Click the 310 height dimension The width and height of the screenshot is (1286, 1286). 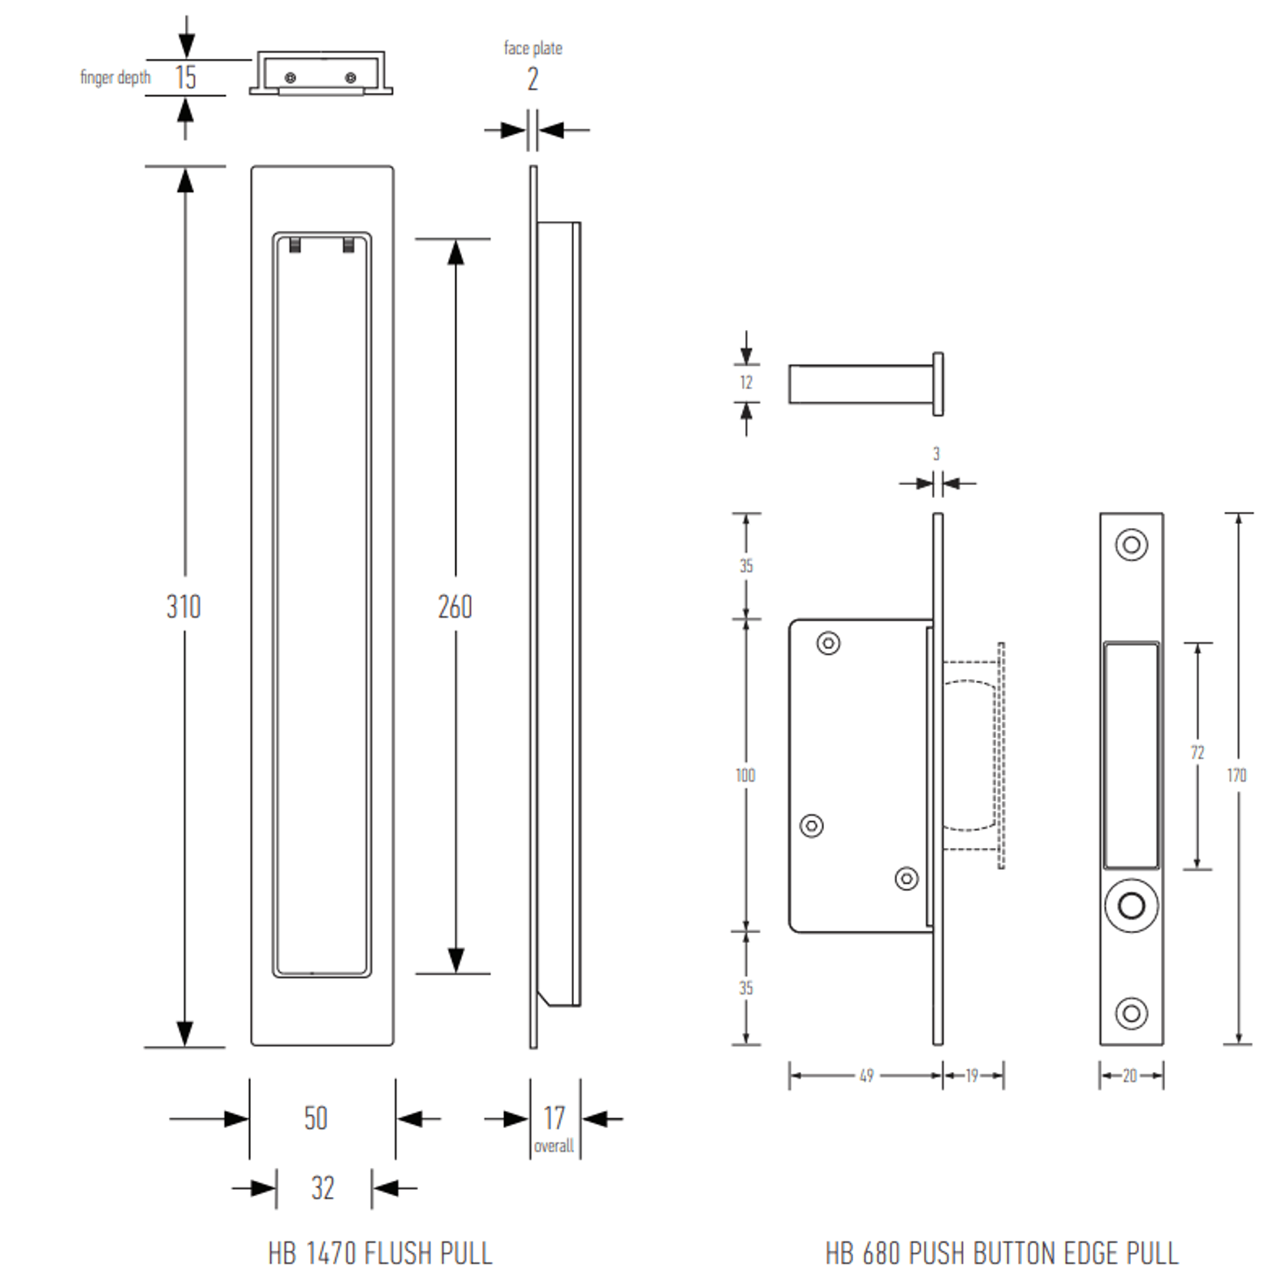[183, 607]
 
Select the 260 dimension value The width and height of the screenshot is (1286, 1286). [455, 607]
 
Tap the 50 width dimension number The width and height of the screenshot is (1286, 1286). [315, 1118]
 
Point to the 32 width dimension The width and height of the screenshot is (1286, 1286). [322, 1188]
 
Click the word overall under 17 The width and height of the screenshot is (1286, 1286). [553, 1146]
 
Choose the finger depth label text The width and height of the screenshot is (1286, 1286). [115, 77]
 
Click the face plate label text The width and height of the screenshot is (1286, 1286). [533, 48]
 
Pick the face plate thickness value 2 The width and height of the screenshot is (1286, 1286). [533, 79]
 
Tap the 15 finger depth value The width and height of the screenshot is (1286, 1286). [185, 77]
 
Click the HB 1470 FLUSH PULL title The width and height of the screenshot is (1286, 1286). [380, 1253]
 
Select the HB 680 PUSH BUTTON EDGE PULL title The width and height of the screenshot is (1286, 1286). [1001, 1253]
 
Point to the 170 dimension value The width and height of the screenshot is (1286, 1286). [1236, 775]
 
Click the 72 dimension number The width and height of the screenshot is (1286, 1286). [1197, 753]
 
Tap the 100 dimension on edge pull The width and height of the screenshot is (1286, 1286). [745, 775]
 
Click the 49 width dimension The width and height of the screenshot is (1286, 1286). [866, 1075]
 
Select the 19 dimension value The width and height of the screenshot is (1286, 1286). [971, 1075]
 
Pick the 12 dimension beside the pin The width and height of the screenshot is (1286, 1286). [746, 382]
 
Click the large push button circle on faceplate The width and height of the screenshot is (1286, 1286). [1131, 905]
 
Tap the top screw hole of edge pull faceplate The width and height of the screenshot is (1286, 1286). [1131, 545]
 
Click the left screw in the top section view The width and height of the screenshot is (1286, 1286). [290, 77]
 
